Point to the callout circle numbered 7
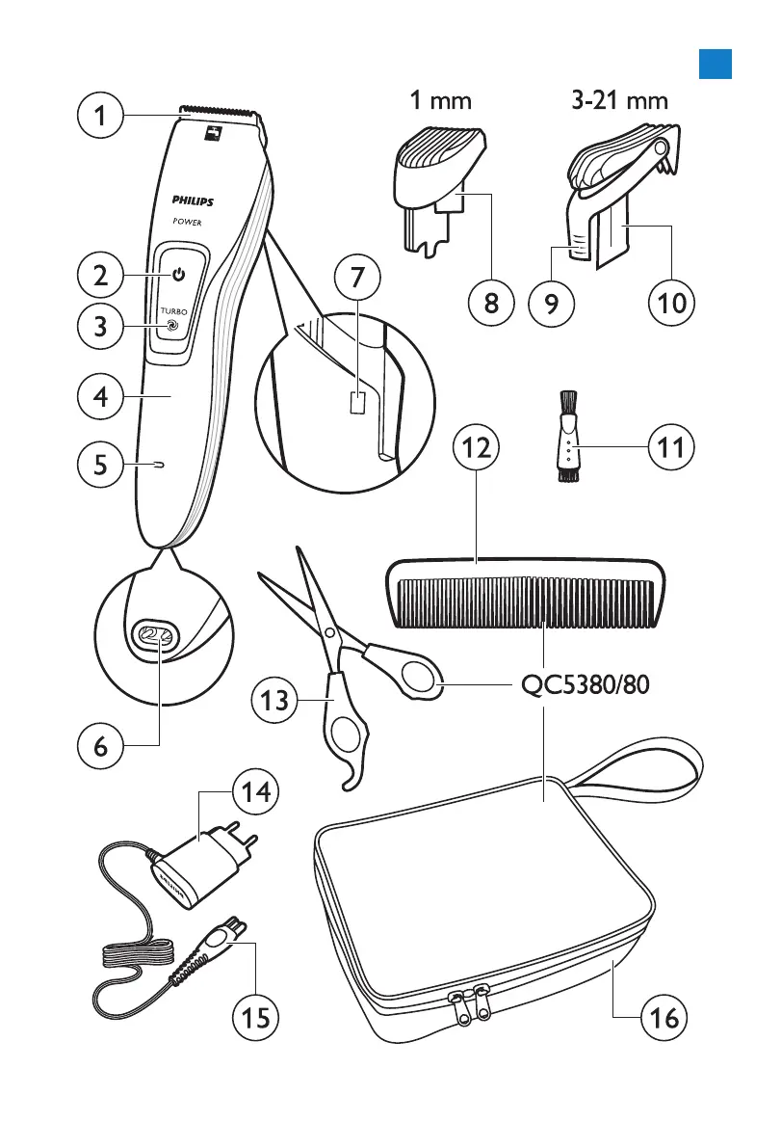[357, 280]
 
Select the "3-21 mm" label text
[618, 99]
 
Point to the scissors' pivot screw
[329, 633]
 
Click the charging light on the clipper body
[156, 466]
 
